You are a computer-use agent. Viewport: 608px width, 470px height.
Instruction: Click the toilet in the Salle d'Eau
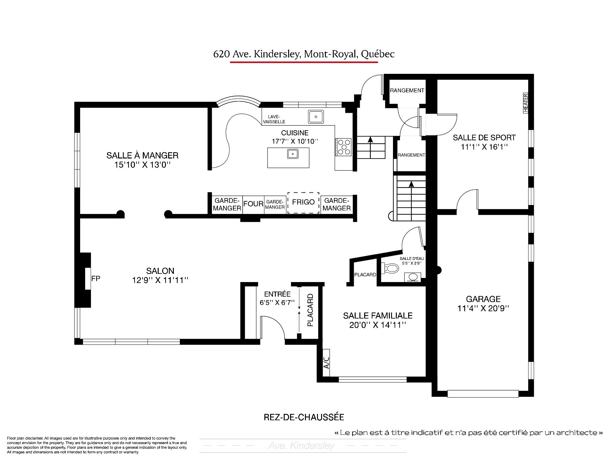click(x=390, y=269)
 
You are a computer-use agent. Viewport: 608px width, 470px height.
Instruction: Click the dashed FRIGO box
click(x=303, y=203)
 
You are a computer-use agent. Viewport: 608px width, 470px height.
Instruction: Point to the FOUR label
click(x=253, y=204)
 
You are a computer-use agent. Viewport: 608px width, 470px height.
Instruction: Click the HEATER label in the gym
click(x=526, y=103)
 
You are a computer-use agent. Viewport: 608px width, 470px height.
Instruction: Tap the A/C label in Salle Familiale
click(x=326, y=363)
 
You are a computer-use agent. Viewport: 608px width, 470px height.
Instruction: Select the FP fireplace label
click(x=96, y=279)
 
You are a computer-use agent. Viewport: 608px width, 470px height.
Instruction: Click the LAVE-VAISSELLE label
click(x=274, y=119)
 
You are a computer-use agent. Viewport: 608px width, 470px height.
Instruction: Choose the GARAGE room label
click(x=483, y=299)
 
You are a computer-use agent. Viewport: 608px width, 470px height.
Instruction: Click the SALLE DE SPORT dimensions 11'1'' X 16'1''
click(x=484, y=147)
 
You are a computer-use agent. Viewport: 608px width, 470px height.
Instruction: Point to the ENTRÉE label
click(x=277, y=294)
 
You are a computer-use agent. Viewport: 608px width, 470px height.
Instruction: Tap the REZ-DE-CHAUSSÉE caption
click(x=304, y=417)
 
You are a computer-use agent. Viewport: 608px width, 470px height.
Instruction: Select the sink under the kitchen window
click(x=316, y=117)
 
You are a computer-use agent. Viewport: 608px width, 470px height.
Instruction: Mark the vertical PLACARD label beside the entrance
click(x=310, y=310)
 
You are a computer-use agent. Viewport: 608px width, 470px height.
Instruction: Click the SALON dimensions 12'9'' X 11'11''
click(x=160, y=280)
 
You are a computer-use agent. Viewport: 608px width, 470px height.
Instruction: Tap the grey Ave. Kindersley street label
click(x=301, y=446)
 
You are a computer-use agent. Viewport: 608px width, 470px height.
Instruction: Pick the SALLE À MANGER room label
click(x=142, y=155)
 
